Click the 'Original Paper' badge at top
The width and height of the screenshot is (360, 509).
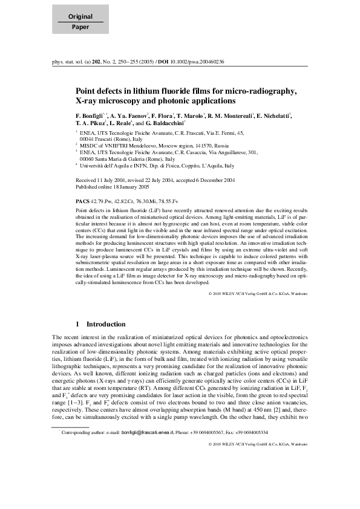[x=80, y=22]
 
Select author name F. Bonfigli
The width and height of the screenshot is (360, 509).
[x=90, y=115]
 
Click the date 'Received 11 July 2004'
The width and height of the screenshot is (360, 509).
[x=102, y=180]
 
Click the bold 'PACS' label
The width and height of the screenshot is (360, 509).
[x=82, y=199]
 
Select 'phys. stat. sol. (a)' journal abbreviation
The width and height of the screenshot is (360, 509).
[x=69, y=61]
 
